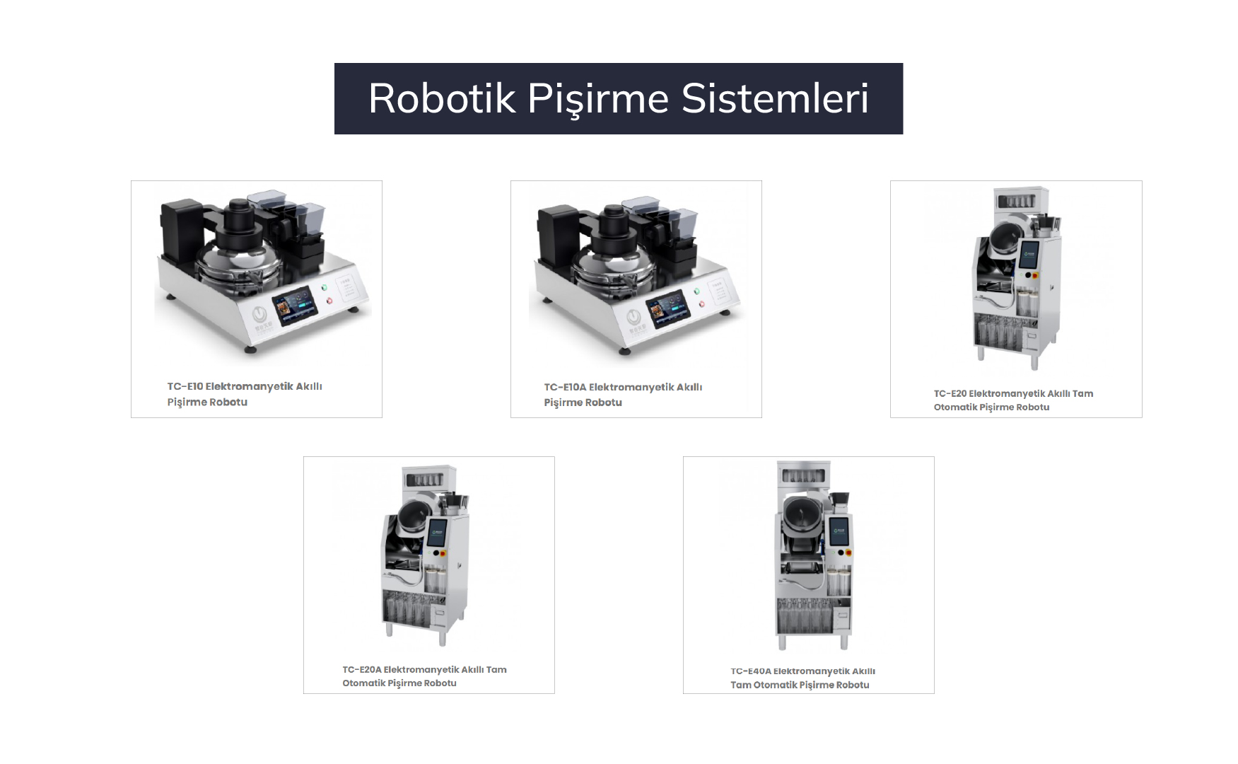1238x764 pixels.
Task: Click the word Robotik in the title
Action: click(x=441, y=98)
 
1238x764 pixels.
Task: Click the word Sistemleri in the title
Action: click(x=775, y=98)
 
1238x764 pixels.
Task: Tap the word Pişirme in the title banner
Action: click(x=598, y=98)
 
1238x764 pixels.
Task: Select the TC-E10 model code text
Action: click(x=185, y=386)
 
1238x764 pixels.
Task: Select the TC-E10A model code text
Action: click(x=565, y=387)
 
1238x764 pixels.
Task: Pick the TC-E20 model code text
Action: click(x=950, y=393)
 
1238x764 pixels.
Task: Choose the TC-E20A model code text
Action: click(x=362, y=669)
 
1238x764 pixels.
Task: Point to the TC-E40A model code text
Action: click(x=751, y=671)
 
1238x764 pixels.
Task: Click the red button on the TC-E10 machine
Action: click(x=329, y=301)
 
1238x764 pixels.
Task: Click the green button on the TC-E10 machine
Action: click(x=324, y=287)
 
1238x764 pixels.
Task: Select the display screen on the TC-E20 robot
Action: click(x=1029, y=251)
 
